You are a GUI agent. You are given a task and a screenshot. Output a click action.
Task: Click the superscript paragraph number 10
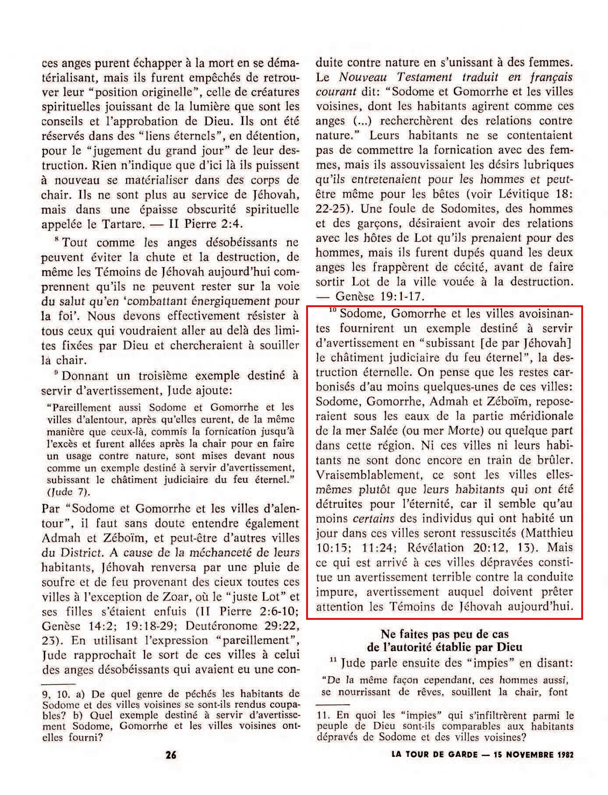[332, 311]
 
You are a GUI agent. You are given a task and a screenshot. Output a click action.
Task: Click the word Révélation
[435, 548]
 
